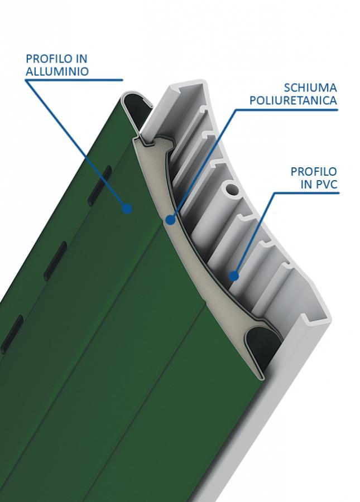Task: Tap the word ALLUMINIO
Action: [57, 71]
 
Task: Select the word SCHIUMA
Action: [310, 88]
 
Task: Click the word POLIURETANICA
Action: [293, 100]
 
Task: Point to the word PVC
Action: [326, 184]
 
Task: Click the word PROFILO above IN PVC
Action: [314, 172]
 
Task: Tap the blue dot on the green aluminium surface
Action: [127, 209]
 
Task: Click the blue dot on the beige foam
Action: [170, 220]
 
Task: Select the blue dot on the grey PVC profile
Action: [234, 276]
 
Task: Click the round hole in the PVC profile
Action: [232, 189]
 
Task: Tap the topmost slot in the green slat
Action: [99, 185]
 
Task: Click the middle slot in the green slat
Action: [55, 260]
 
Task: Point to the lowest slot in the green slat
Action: [12, 334]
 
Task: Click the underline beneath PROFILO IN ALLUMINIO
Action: [74, 80]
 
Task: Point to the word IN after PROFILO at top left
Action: [81, 59]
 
